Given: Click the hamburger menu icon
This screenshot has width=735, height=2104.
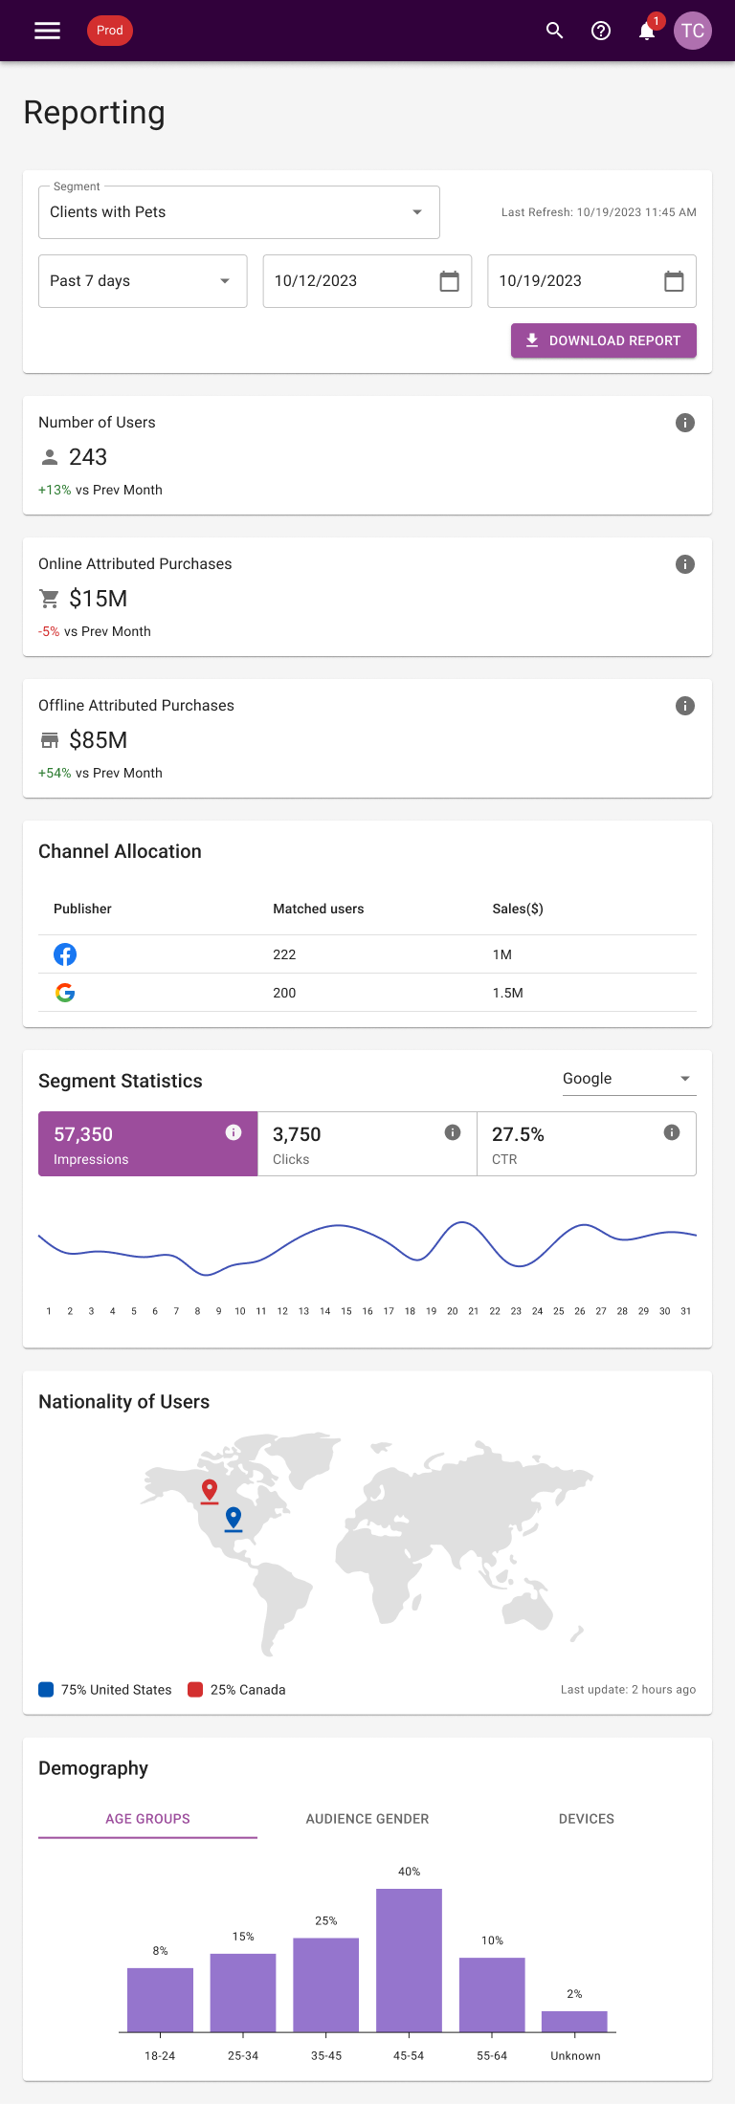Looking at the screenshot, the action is tap(47, 31).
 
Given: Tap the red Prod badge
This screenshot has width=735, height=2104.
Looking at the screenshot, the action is tap(110, 31).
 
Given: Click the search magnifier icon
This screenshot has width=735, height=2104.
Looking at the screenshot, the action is tap(555, 31).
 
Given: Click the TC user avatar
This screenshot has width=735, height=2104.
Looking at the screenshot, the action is tap(693, 31).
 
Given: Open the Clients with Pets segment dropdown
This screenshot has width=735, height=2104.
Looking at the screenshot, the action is tap(239, 212).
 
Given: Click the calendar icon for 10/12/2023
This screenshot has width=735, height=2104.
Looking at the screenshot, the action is tap(449, 281).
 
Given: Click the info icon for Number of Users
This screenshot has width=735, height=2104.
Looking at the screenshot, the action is tap(685, 423).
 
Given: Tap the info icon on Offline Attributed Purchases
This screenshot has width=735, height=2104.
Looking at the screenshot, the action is tap(685, 706).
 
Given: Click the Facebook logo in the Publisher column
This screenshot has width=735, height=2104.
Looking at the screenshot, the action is tap(65, 954).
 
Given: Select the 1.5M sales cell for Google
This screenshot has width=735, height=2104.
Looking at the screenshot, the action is tap(508, 993).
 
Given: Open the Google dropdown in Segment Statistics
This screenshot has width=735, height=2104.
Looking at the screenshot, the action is tap(628, 1079).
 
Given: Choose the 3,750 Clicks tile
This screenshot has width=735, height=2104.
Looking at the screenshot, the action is tap(367, 1144).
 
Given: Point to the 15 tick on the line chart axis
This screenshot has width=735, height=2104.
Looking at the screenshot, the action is tap(346, 1311).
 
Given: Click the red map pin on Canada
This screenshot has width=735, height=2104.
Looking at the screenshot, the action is tap(210, 1491).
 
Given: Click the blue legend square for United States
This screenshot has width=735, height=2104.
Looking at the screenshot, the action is tap(46, 1690).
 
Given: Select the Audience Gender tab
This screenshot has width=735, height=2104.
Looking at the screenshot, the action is tap(367, 1819).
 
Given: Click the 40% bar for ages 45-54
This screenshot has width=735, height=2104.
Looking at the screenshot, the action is tap(410, 1960).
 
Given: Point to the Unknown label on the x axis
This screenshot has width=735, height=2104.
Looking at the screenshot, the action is tap(575, 2056).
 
